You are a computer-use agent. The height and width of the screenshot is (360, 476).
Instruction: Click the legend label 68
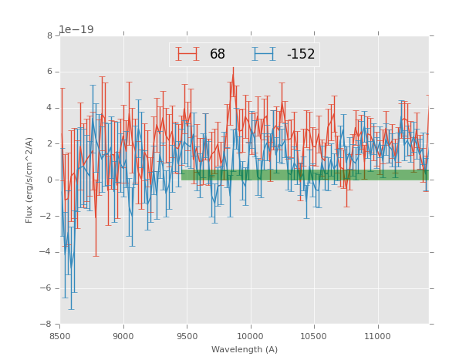218,55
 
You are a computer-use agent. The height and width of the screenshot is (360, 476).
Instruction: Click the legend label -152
300,55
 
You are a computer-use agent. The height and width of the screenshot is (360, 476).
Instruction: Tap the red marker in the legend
187,55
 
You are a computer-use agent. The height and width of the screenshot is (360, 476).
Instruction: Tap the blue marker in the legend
265,55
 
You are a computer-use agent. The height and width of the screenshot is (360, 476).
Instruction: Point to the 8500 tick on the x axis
60,336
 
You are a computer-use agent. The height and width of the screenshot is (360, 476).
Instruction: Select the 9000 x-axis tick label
123,336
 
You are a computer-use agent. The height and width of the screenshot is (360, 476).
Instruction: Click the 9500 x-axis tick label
187,336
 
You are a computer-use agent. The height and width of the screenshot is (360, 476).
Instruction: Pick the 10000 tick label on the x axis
250,336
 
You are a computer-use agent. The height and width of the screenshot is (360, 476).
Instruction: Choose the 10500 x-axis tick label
314,336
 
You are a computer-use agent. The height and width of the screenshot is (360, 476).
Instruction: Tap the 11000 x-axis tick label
377,336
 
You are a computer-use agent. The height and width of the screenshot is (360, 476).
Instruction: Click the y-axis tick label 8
49,35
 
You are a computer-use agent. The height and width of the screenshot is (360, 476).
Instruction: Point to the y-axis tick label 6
49,72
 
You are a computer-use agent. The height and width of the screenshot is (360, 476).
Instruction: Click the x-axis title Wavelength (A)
244,349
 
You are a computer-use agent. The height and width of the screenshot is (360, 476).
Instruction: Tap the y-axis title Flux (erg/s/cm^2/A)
29,180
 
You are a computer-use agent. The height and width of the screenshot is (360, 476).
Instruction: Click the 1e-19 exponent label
76,30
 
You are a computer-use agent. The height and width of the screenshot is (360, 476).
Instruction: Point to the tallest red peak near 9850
233,68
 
